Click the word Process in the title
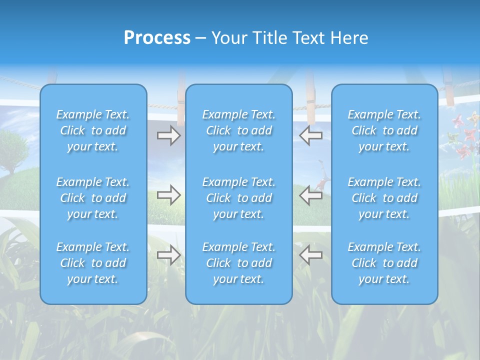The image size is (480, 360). [x=157, y=37]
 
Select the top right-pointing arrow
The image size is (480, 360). [x=168, y=135]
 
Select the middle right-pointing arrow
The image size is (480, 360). [x=168, y=195]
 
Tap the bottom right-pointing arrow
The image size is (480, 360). [x=168, y=255]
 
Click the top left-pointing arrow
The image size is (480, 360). [x=310, y=135]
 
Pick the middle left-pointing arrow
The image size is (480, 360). [x=310, y=195]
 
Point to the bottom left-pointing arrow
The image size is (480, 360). [x=310, y=255]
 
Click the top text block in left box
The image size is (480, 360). [x=93, y=130]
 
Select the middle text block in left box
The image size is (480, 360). [x=93, y=198]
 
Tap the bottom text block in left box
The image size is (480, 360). [x=93, y=263]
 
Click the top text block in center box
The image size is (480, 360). [x=238, y=130]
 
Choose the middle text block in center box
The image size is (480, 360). [x=238, y=198]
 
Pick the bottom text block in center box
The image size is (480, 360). [x=238, y=263]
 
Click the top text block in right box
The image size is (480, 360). [x=384, y=130]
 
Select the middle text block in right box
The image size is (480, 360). [x=384, y=198]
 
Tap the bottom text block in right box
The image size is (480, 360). [x=384, y=263]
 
